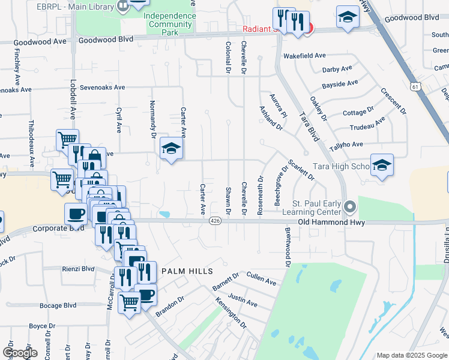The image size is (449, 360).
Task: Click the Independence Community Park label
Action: pyautogui.click(x=170, y=20)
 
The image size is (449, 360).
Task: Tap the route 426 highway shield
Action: pyautogui.click(x=215, y=221)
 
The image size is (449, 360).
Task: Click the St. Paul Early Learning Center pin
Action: pyautogui.click(x=351, y=207)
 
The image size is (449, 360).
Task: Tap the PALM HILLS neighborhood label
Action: pyautogui.click(x=187, y=272)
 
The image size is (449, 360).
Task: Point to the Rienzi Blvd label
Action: pyautogui.click(x=78, y=269)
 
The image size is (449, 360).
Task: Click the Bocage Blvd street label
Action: pyautogui.click(x=58, y=305)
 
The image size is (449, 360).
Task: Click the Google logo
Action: pyautogui.click(x=20, y=353)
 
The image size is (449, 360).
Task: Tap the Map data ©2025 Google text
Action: pyautogui.click(x=412, y=355)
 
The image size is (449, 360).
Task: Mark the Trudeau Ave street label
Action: pyautogui.click(x=367, y=126)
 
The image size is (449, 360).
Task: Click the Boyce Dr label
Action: pyautogui.click(x=42, y=326)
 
